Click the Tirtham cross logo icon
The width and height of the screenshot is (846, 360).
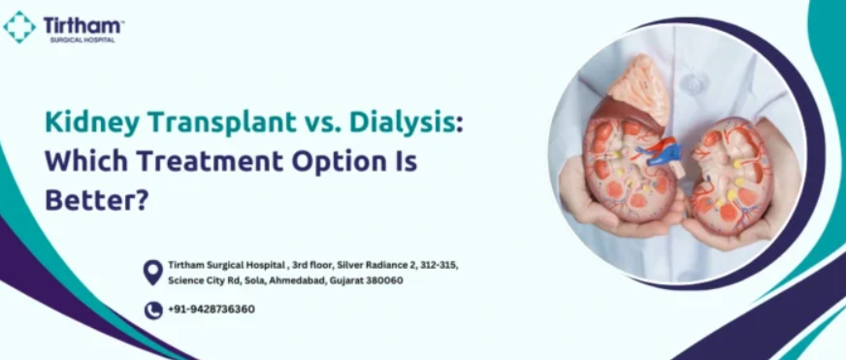coord(19,27)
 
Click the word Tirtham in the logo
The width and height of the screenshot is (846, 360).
coord(83,25)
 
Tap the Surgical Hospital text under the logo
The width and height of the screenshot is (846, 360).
coord(82,40)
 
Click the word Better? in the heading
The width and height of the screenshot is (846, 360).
coord(96,200)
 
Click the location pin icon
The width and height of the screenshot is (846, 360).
coord(152,272)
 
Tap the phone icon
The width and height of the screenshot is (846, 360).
coord(153,311)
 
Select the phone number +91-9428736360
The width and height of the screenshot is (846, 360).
coord(211,310)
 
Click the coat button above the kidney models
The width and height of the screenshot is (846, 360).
coord(693,82)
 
